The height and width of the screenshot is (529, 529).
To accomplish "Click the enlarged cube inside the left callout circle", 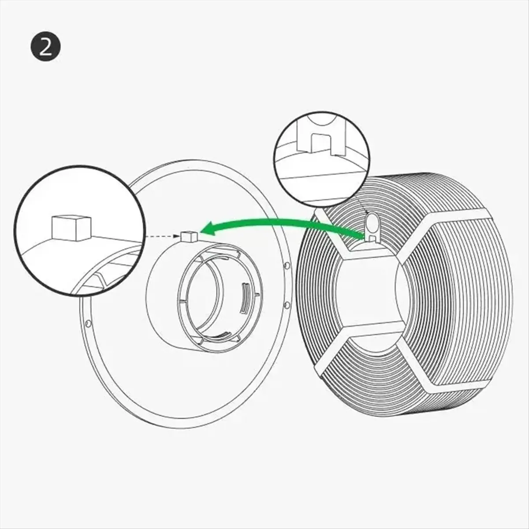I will tap(71, 227).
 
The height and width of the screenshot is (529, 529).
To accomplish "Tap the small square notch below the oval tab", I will tap(373, 238).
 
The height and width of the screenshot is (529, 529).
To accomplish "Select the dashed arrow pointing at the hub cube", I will tap(163, 237).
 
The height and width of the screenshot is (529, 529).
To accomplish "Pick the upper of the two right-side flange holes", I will tap(287, 267).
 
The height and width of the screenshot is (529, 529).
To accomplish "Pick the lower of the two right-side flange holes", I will tap(287, 304).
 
